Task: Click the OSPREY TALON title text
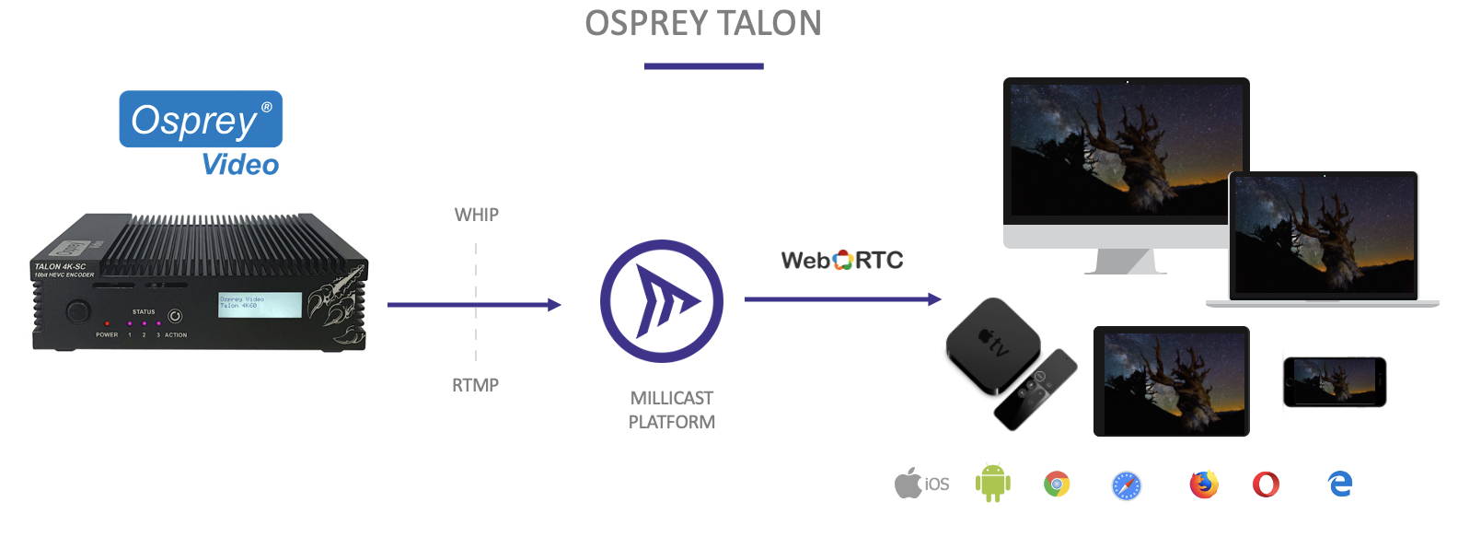point(703,23)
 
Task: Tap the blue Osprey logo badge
point(201,119)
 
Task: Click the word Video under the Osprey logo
point(240,165)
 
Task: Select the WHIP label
point(477,215)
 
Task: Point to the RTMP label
point(475,385)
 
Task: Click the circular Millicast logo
point(662,301)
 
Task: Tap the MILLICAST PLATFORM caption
point(672,410)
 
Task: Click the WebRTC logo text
point(842,261)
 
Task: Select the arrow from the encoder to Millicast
point(473,305)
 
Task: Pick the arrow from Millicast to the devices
point(842,299)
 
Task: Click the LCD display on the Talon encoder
point(260,305)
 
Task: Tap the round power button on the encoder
point(78,311)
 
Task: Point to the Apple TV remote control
point(1036,390)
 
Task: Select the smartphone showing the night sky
point(1335,381)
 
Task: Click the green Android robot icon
point(992,484)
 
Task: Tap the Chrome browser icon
point(1057,484)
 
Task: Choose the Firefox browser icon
point(1203,484)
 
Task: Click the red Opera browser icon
point(1266,484)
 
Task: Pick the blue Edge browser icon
point(1340,484)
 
